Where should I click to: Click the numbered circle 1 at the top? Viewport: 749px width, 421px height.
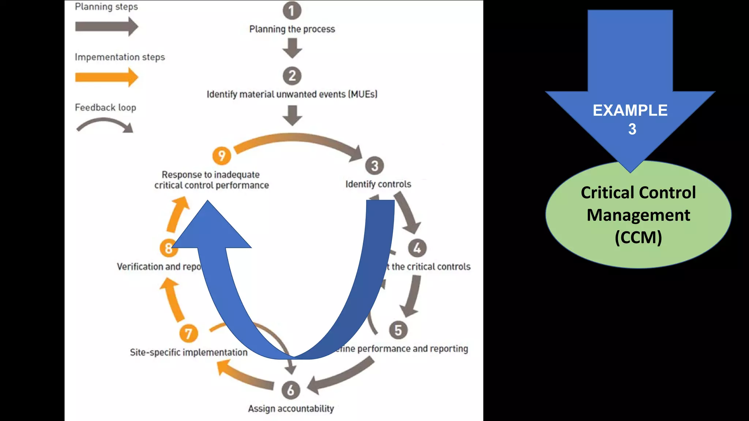[x=292, y=10]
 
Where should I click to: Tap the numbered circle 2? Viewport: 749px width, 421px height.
[x=292, y=76]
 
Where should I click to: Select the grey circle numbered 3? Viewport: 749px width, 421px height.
[x=374, y=166]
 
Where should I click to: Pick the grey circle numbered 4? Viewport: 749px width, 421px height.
[x=417, y=248]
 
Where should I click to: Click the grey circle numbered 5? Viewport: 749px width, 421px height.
[x=398, y=330]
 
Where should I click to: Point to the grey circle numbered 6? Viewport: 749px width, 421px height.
[x=291, y=390]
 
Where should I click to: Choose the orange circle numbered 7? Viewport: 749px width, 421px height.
[x=188, y=333]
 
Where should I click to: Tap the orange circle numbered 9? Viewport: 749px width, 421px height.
[x=222, y=156]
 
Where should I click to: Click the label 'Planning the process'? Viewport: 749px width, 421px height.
[x=292, y=29]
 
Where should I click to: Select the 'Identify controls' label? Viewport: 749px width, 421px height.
[x=378, y=184]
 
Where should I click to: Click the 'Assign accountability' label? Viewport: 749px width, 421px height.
[x=291, y=409]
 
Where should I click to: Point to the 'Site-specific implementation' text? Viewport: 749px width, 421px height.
[x=189, y=352]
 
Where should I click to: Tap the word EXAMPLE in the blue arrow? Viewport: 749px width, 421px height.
[x=630, y=110]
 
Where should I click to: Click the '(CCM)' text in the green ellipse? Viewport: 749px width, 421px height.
[x=638, y=238]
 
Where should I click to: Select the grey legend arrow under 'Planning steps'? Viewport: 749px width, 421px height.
[x=106, y=27]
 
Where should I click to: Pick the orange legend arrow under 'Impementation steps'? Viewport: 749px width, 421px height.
[x=106, y=77]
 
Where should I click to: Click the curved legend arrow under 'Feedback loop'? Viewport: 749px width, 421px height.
[x=105, y=124]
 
